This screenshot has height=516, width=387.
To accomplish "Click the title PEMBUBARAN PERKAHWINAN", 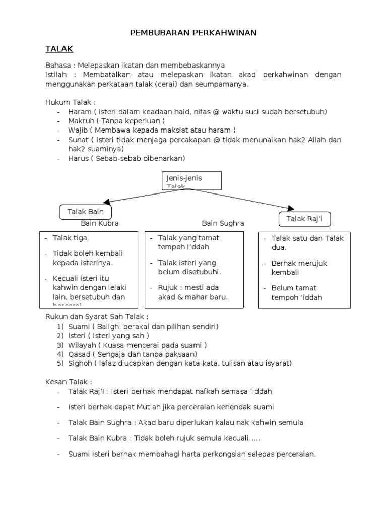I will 193,33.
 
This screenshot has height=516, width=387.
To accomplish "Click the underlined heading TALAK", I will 59,49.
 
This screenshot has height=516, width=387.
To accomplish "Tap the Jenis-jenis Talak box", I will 192,180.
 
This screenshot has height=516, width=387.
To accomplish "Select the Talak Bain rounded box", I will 85,212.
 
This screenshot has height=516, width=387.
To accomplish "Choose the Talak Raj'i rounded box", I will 304,219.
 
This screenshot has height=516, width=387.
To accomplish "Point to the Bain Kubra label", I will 100,223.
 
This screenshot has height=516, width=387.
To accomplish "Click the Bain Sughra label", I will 223,223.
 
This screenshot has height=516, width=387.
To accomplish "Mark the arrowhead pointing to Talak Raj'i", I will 290,208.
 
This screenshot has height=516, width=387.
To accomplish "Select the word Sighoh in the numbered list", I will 81,363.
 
